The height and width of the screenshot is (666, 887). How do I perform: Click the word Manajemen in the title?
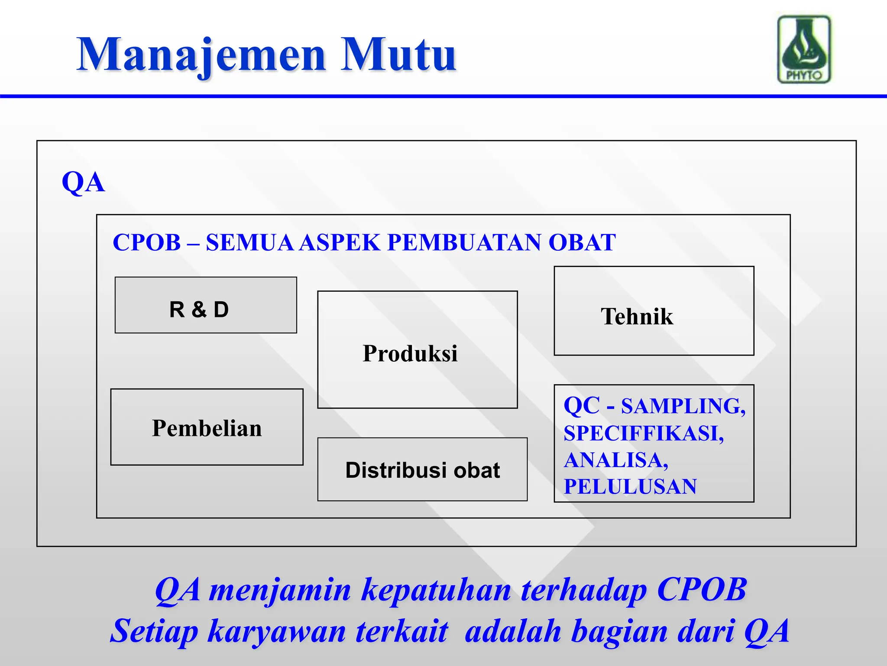[201, 55]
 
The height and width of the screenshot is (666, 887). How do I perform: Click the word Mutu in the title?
[398, 55]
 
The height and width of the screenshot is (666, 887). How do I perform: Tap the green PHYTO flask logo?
[804, 49]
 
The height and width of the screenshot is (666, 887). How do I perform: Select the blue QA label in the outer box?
[83, 182]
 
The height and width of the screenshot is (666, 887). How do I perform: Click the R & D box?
[206, 305]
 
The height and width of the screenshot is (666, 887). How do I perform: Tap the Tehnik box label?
[637, 317]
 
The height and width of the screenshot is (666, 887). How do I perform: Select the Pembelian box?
[207, 428]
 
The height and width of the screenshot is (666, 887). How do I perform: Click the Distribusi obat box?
[422, 470]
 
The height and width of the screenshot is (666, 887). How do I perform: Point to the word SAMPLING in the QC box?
[683, 406]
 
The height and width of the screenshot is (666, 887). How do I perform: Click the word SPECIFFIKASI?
[644, 433]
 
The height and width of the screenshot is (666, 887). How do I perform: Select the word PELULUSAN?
[630, 486]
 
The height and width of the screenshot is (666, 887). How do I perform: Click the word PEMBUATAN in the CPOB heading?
[464, 242]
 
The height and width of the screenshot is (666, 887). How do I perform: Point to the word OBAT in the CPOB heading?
[582, 242]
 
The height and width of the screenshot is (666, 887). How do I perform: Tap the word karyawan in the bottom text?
[277, 631]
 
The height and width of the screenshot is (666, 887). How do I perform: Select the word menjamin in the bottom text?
[279, 591]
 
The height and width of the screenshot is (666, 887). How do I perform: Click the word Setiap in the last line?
[154, 631]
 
